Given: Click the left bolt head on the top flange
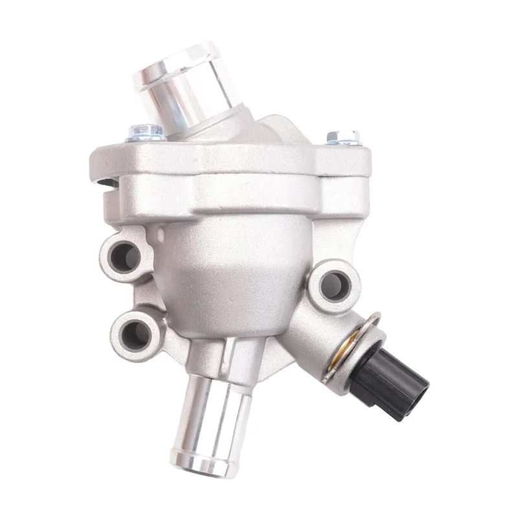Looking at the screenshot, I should pos(146,132).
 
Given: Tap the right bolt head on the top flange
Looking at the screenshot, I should pos(343,137).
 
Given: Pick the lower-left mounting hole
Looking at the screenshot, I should pos(135,332).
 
